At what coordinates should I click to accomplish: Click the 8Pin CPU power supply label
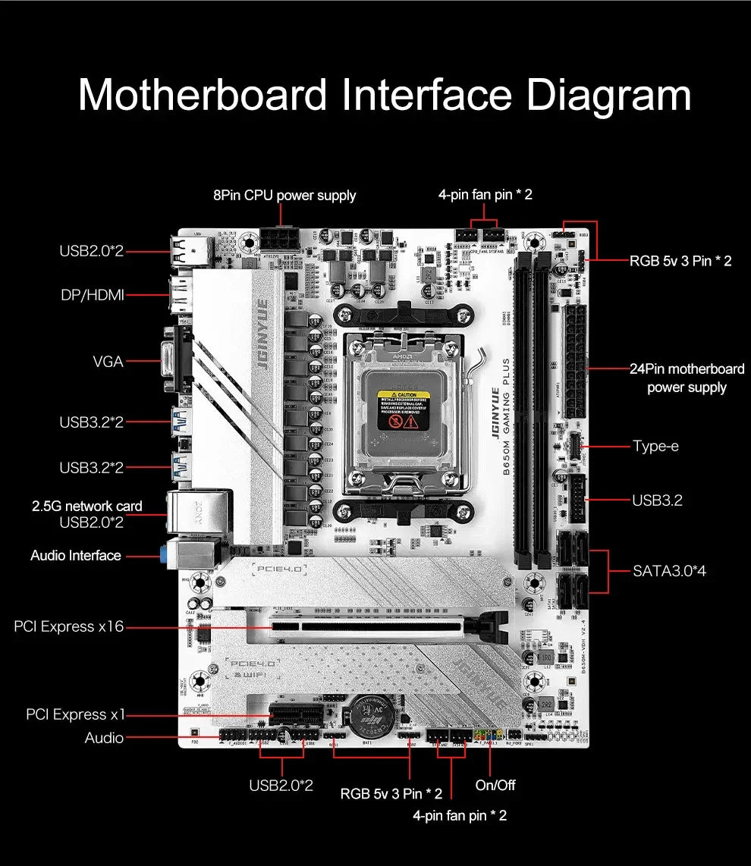point(284,196)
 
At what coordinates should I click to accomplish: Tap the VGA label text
point(108,362)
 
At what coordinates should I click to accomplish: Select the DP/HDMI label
point(91,295)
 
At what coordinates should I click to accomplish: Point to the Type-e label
point(655,446)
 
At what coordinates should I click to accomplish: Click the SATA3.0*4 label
point(669,571)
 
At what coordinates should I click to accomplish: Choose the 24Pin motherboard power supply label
point(687,378)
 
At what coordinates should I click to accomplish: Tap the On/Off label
point(495,785)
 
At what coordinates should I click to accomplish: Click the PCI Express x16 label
point(68,626)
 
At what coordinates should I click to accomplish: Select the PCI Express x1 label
point(75,714)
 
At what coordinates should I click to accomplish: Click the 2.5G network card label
point(86,506)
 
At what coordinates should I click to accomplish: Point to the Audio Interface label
point(75,556)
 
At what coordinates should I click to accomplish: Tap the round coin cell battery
point(376,717)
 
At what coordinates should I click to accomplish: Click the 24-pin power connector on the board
point(575,357)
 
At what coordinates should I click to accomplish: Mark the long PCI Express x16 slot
point(372,626)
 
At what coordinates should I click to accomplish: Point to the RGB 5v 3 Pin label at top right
point(680,262)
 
